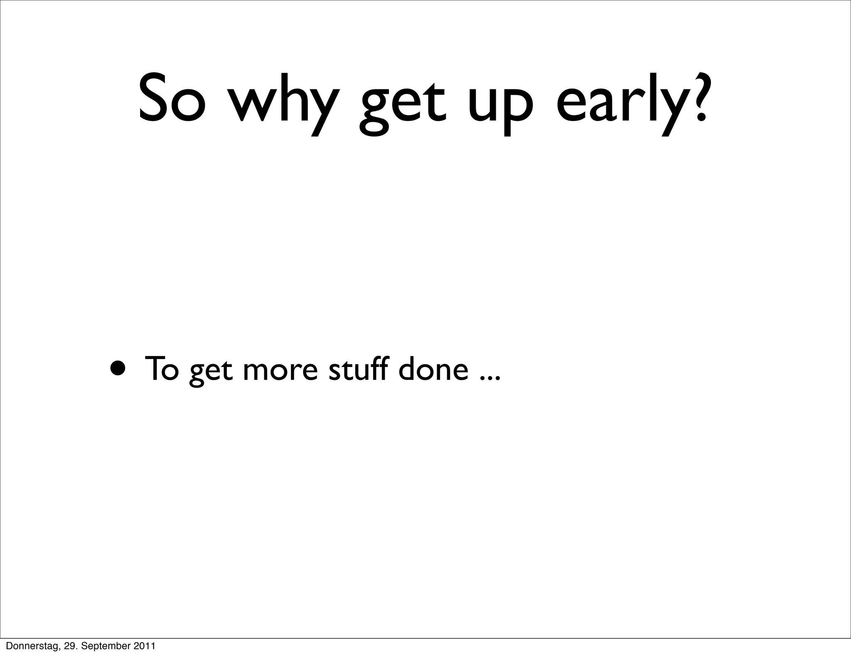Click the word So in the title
click(172, 98)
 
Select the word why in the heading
click(283, 102)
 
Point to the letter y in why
click(320, 108)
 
